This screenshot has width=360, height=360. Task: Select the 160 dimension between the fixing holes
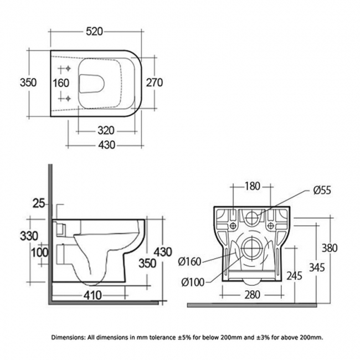coord(61,83)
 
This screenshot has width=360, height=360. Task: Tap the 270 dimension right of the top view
coord(154,83)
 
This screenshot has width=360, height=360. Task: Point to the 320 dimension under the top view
coord(106,131)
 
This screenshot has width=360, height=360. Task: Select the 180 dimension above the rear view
coord(253,187)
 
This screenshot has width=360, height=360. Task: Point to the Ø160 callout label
coord(190,260)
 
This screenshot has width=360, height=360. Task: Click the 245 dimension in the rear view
coord(295,276)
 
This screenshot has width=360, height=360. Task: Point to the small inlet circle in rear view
coord(253,215)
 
